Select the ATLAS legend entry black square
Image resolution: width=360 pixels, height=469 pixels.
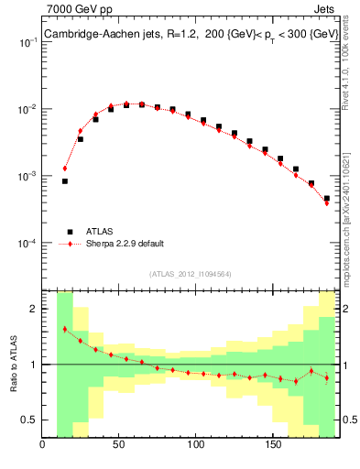click(68, 231)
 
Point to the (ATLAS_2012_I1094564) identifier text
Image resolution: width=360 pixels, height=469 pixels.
click(190, 273)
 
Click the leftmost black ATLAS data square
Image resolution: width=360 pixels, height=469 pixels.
click(65, 181)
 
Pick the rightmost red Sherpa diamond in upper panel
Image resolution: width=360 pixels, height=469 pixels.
click(327, 203)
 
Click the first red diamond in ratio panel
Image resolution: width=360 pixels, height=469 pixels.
click(65, 329)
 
